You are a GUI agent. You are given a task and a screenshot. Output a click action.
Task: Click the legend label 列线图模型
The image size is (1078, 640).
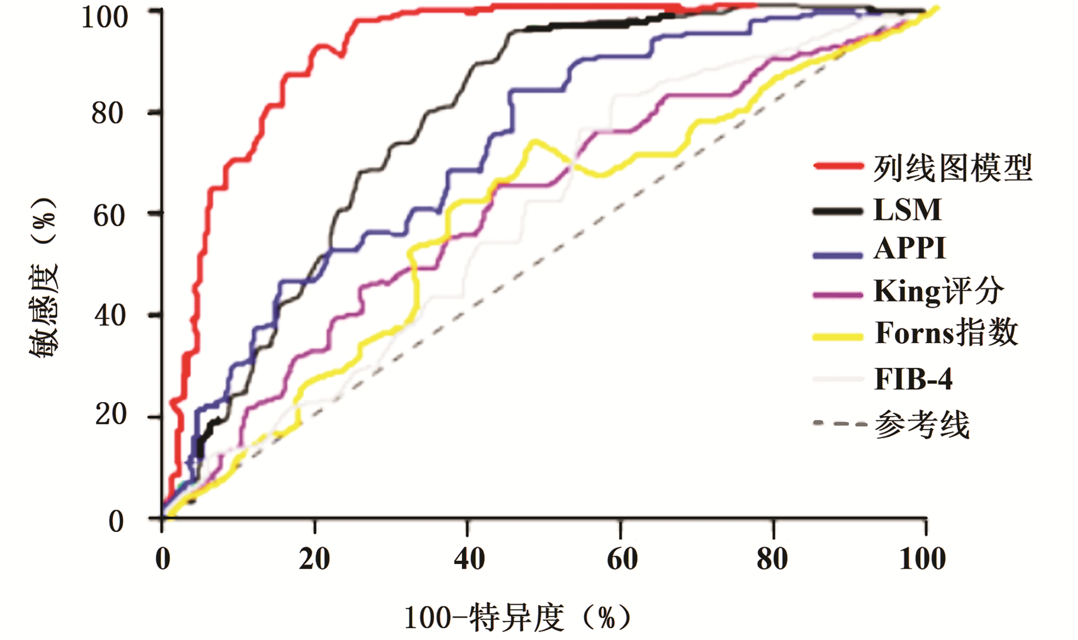tap(952, 168)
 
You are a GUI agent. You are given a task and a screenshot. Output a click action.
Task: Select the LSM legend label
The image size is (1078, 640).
tap(907, 210)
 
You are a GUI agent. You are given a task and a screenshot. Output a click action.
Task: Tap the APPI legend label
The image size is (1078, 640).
tap(909, 248)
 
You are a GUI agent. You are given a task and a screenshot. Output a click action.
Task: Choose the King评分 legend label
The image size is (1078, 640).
tap(938, 291)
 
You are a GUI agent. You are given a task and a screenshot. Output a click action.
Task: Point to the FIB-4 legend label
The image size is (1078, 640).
tap(913, 378)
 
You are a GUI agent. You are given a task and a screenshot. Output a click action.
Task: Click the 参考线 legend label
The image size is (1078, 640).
tap(922, 424)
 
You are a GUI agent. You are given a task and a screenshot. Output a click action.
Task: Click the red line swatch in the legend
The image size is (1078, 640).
tap(838, 166)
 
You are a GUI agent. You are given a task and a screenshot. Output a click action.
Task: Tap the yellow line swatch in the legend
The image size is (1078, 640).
tap(838, 337)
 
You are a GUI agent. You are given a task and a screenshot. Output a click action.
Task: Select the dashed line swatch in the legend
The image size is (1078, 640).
tap(839, 423)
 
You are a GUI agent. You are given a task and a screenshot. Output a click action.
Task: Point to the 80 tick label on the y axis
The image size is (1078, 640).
tap(107, 113)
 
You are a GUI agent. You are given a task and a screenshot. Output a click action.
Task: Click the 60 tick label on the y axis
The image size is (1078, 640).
tap(108, 215)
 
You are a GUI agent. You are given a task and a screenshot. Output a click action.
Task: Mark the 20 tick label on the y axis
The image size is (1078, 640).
tap(110, 414)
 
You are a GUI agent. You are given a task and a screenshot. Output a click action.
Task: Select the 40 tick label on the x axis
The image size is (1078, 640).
tap(469, 558)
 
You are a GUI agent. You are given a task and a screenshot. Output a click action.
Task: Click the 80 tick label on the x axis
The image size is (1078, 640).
tap(772, 558)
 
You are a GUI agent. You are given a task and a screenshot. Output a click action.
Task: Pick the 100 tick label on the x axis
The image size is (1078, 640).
tap(922, 558)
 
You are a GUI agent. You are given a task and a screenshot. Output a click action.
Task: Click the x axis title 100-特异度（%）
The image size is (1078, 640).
tap(518, 618)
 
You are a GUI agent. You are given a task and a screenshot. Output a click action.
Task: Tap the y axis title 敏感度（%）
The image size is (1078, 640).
tap(43, 277)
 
